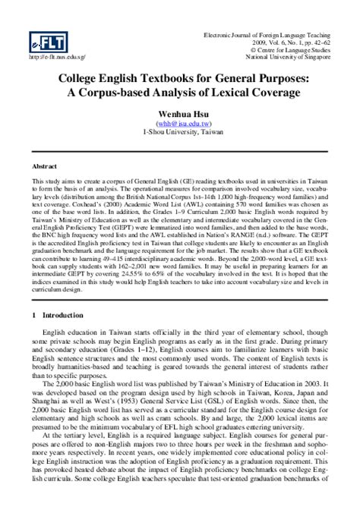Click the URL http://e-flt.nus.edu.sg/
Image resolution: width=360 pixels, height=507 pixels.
[x=57, y=58]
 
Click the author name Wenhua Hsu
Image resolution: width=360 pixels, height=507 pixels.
[x=180, y=112]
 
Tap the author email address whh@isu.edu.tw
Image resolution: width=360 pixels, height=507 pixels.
[x=180, y=122]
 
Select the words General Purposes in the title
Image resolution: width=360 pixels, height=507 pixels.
[x=271, y=78]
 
